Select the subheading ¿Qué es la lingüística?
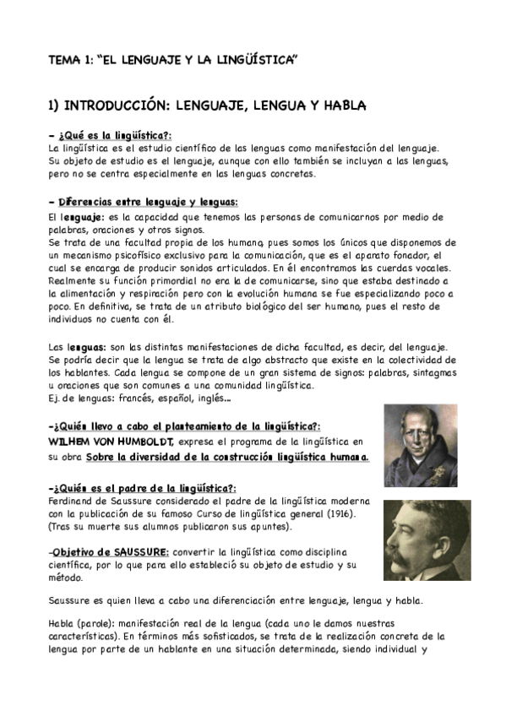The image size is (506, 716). (x=115, y=135)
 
